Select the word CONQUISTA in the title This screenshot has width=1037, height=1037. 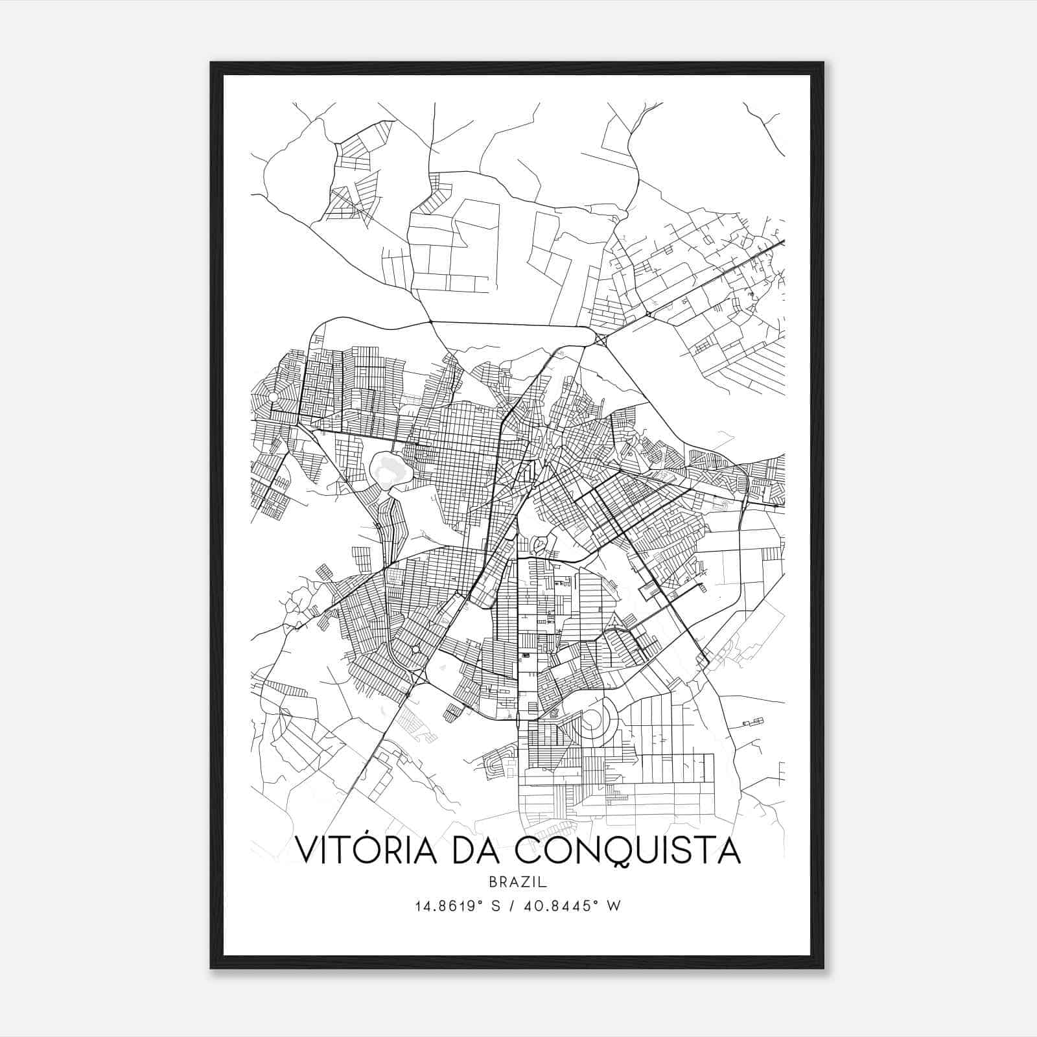(628, 851)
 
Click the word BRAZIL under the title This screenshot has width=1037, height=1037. (518, 882)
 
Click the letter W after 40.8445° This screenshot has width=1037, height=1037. (614, 906)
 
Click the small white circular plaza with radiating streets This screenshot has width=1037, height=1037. (274, 397)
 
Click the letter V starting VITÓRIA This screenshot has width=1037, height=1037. (307, 851)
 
